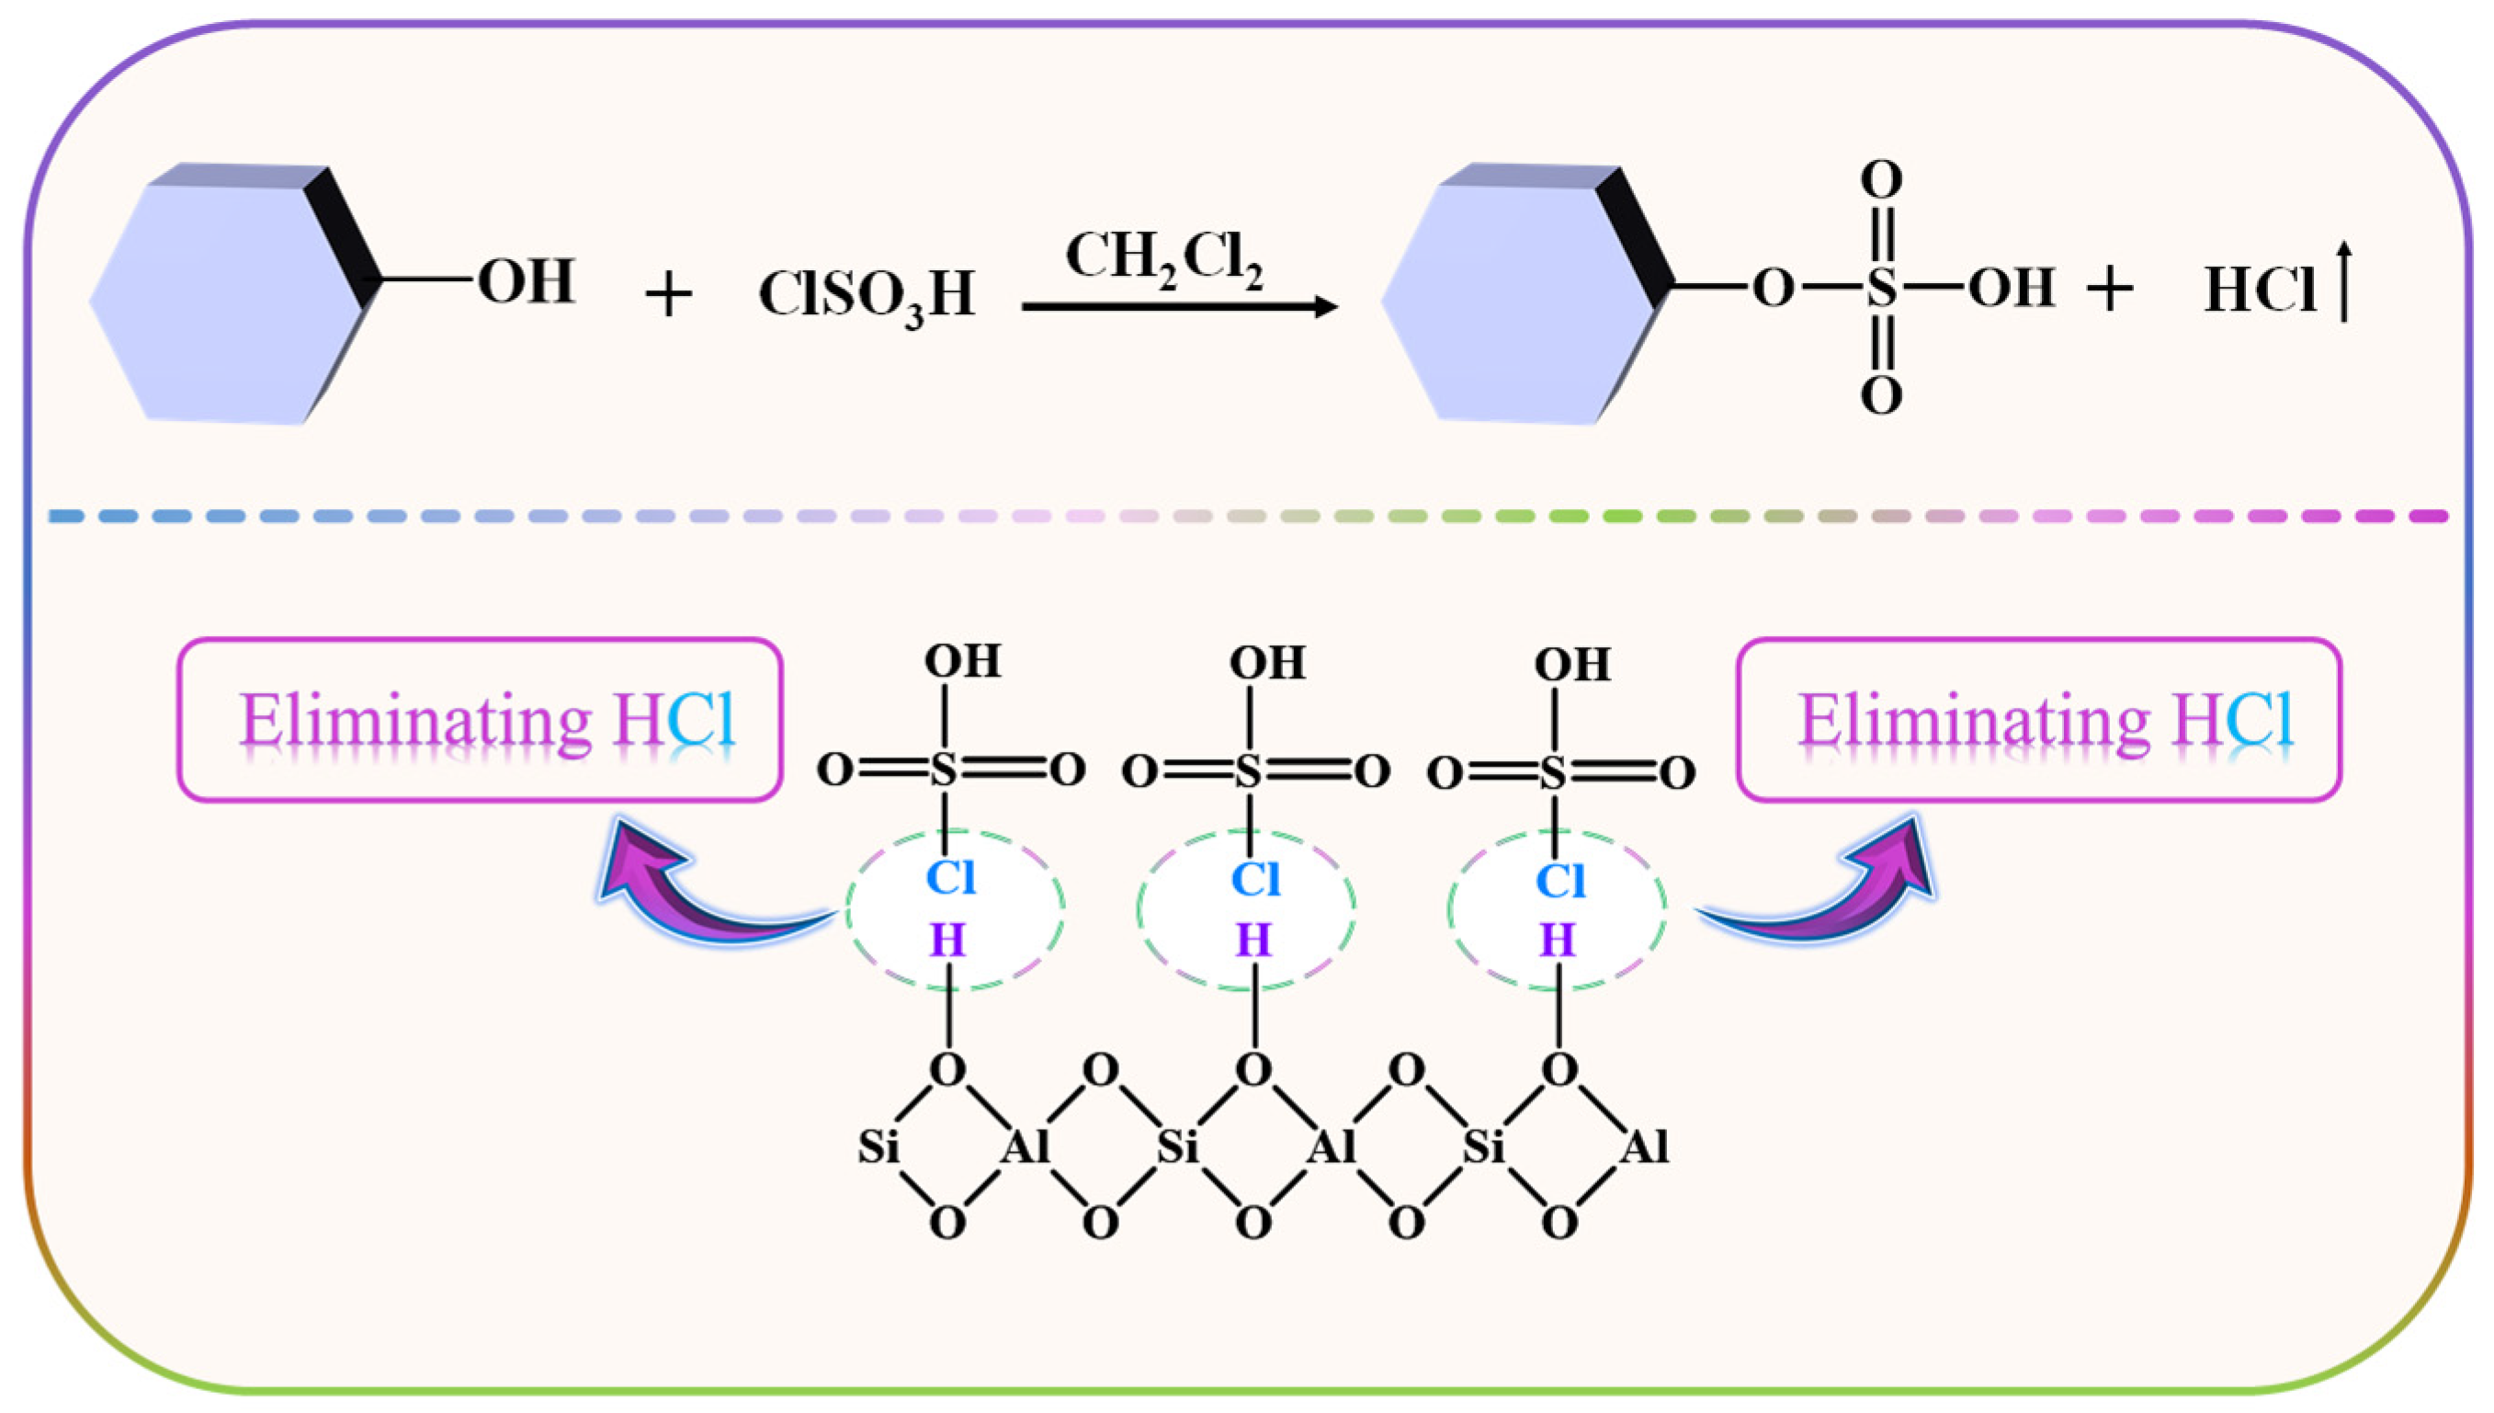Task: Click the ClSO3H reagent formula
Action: click(x=867, y=294)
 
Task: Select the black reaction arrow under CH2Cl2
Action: click(x=1179, y=308)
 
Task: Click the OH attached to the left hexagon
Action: click(x=527, y=281)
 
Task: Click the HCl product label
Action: click(x=2261, y=290)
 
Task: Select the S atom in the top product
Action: click(x=1881, y=289)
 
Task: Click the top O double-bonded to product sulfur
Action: click(x=1881, y=180)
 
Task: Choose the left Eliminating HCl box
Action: click(x=479, y=720)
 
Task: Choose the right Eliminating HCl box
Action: click(x=2039, y=720)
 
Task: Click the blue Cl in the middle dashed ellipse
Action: click(x=1254, y=880)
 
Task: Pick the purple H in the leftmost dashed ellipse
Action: click(x=947, y=940)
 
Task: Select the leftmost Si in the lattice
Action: click(x=878, y=1147)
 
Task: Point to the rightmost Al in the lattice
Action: click(x=1645, y=1147)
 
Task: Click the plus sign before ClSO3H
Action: click(x=668, y=294)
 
